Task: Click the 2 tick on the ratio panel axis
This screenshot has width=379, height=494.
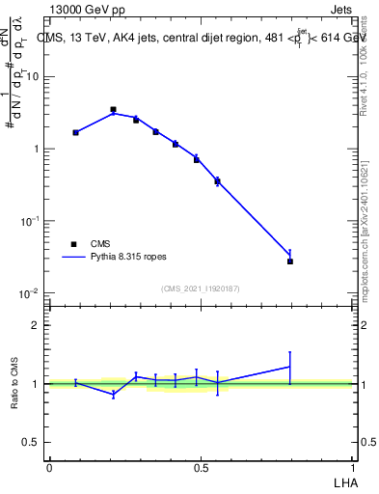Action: [x=37, y=325]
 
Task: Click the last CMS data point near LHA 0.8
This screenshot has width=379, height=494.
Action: [x=290, y=261]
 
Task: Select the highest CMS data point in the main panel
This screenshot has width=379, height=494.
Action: [x=113, y=110]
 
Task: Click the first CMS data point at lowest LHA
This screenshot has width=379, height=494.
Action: [x=75, y=132]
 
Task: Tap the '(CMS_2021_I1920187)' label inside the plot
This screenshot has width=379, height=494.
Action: [x=201, y=288]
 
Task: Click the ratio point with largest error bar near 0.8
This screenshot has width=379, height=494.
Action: [x=290, y=367]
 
